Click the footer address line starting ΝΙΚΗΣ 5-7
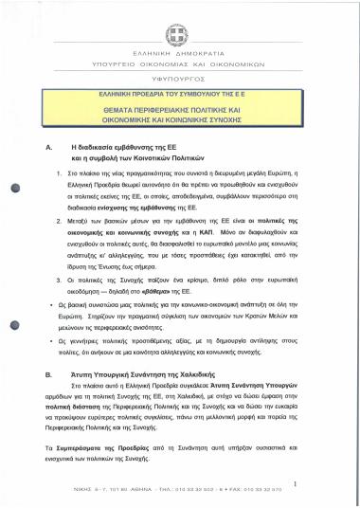pyautogui.click(x=180, y=492)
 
